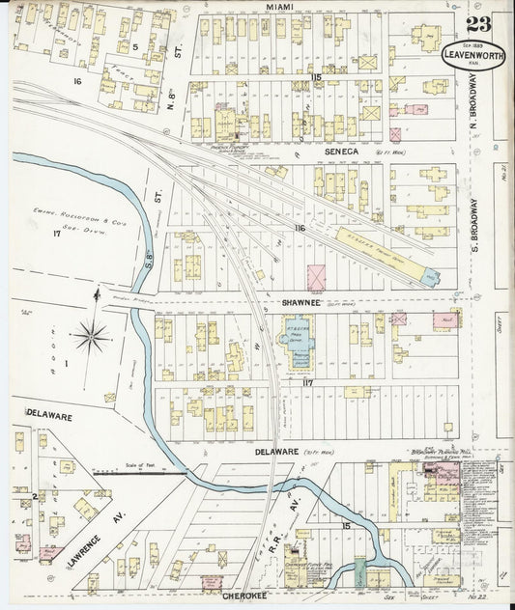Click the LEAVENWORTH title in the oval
pos(472,55)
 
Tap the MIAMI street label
pos(281,8)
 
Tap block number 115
pos(316,76)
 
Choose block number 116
pos(300,228)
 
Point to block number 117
pos(309,383)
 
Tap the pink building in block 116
pos(316,276)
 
